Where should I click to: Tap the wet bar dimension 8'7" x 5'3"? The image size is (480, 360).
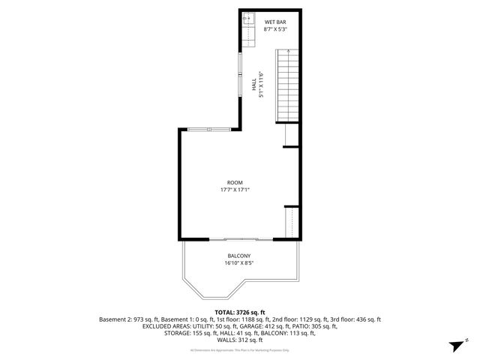tap(274, 31)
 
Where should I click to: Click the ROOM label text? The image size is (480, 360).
tap(235, 182)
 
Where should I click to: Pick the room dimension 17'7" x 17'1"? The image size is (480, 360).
tap(235, 190)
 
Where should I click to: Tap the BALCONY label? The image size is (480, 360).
tap(239, 256)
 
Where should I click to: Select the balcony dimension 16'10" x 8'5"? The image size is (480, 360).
tap(239, 263)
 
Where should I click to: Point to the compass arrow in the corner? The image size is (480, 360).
tap(455, 346)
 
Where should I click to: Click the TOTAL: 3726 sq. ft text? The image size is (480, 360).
tap(240, 312)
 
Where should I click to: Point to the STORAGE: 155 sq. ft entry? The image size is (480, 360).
tap(190, 333)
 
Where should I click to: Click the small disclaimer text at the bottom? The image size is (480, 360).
tap(240, 349)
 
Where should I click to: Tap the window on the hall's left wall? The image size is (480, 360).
tap(240, 67)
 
